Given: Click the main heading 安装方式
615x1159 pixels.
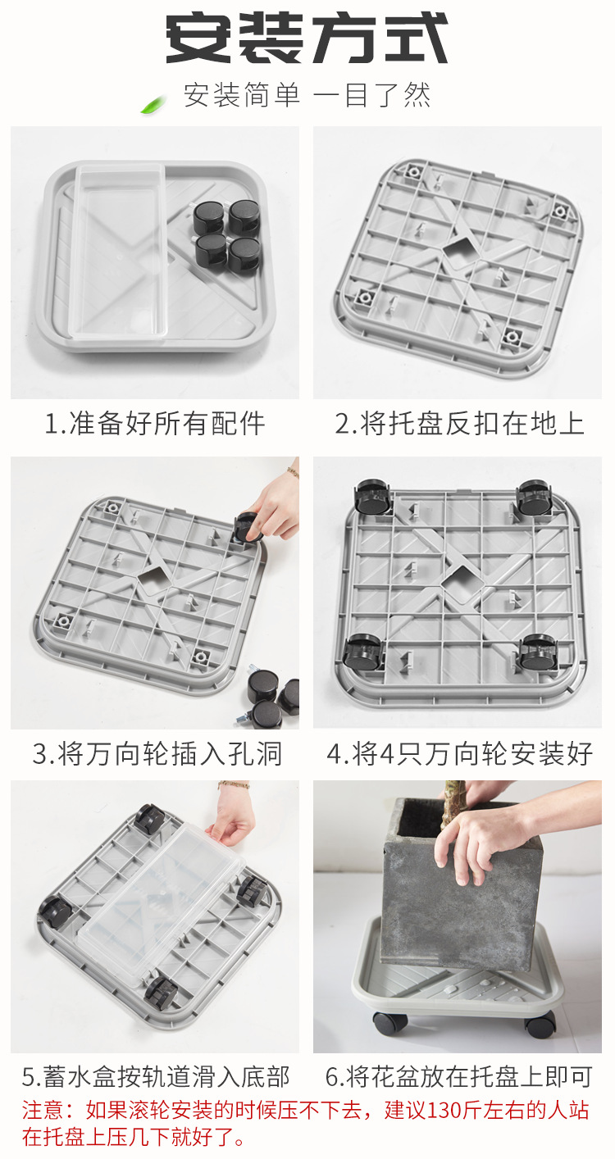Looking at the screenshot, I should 307,39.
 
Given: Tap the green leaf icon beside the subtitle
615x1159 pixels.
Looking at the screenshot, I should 153,104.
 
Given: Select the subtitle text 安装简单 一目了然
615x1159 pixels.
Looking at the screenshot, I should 307,96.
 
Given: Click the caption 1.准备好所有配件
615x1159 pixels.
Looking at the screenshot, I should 155,424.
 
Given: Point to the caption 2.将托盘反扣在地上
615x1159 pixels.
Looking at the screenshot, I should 459,424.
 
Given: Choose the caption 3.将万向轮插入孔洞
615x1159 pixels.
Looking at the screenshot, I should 157,754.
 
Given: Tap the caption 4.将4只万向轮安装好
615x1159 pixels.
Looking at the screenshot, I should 459,754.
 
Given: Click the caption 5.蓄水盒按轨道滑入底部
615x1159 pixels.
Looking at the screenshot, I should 156,1076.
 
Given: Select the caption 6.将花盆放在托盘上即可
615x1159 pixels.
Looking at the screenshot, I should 458,1076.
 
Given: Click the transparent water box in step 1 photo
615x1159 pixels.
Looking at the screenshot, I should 119,254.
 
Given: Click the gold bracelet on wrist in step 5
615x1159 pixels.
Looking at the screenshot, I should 234,785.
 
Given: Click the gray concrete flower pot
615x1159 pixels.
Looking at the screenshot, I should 459,893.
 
